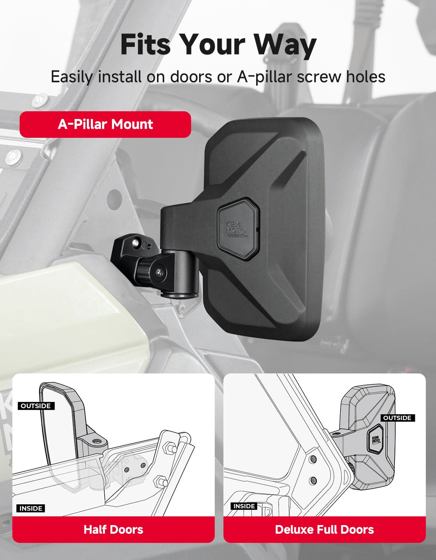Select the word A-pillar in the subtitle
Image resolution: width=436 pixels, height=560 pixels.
(x=265, y=77)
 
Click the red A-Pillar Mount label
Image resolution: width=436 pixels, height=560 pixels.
(x=105, y=124)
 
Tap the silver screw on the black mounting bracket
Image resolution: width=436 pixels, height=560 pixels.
(x=136, y=242)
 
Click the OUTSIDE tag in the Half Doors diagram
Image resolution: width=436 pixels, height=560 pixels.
(x=36, y=406)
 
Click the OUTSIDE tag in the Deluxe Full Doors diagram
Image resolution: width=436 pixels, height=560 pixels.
(x=397, y=418)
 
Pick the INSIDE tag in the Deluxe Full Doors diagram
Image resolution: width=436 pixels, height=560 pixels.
(x=244, y=506)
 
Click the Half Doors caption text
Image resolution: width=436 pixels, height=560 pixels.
(x=113, y=529)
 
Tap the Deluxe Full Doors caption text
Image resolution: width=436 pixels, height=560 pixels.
(x=324, y=529)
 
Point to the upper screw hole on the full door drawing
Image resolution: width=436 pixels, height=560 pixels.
(x=313, y=459)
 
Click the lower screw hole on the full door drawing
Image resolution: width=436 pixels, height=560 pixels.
(x=313, y=480)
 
